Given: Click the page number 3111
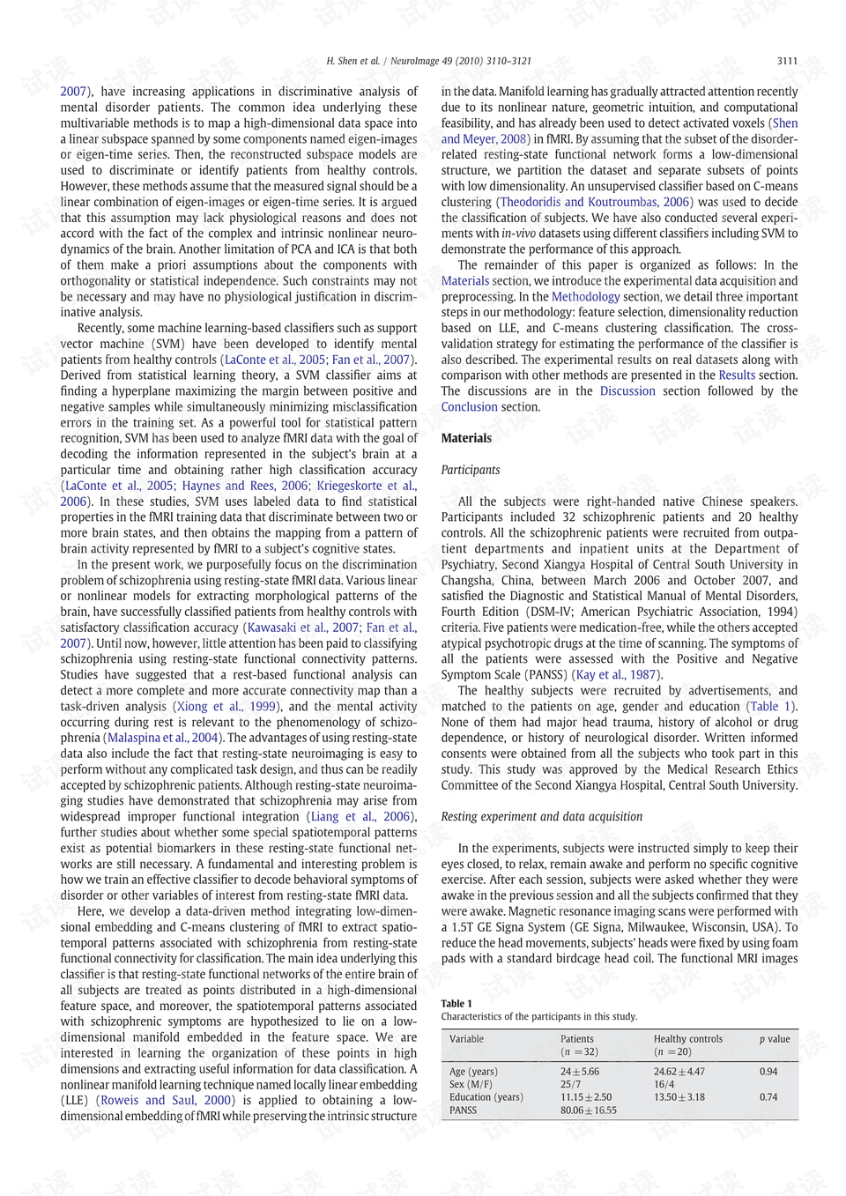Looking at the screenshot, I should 787,61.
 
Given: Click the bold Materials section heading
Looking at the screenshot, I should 466,438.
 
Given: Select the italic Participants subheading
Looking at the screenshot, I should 470,470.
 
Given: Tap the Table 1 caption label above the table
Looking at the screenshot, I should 456,1003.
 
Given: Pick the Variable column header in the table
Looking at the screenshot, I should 466,1039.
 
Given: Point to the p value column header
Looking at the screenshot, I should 775,1039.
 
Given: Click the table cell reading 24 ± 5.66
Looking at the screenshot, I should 579,1072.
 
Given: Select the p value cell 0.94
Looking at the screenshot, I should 768,1072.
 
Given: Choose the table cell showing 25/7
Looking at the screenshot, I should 570,1084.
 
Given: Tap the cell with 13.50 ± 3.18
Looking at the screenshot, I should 679,1097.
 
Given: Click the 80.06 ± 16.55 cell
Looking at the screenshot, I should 588,1111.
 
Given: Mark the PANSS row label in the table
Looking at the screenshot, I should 463,1111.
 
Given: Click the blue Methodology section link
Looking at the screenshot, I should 585,297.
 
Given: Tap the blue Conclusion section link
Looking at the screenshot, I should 469,407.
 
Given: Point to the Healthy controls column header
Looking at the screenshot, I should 687,1039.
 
